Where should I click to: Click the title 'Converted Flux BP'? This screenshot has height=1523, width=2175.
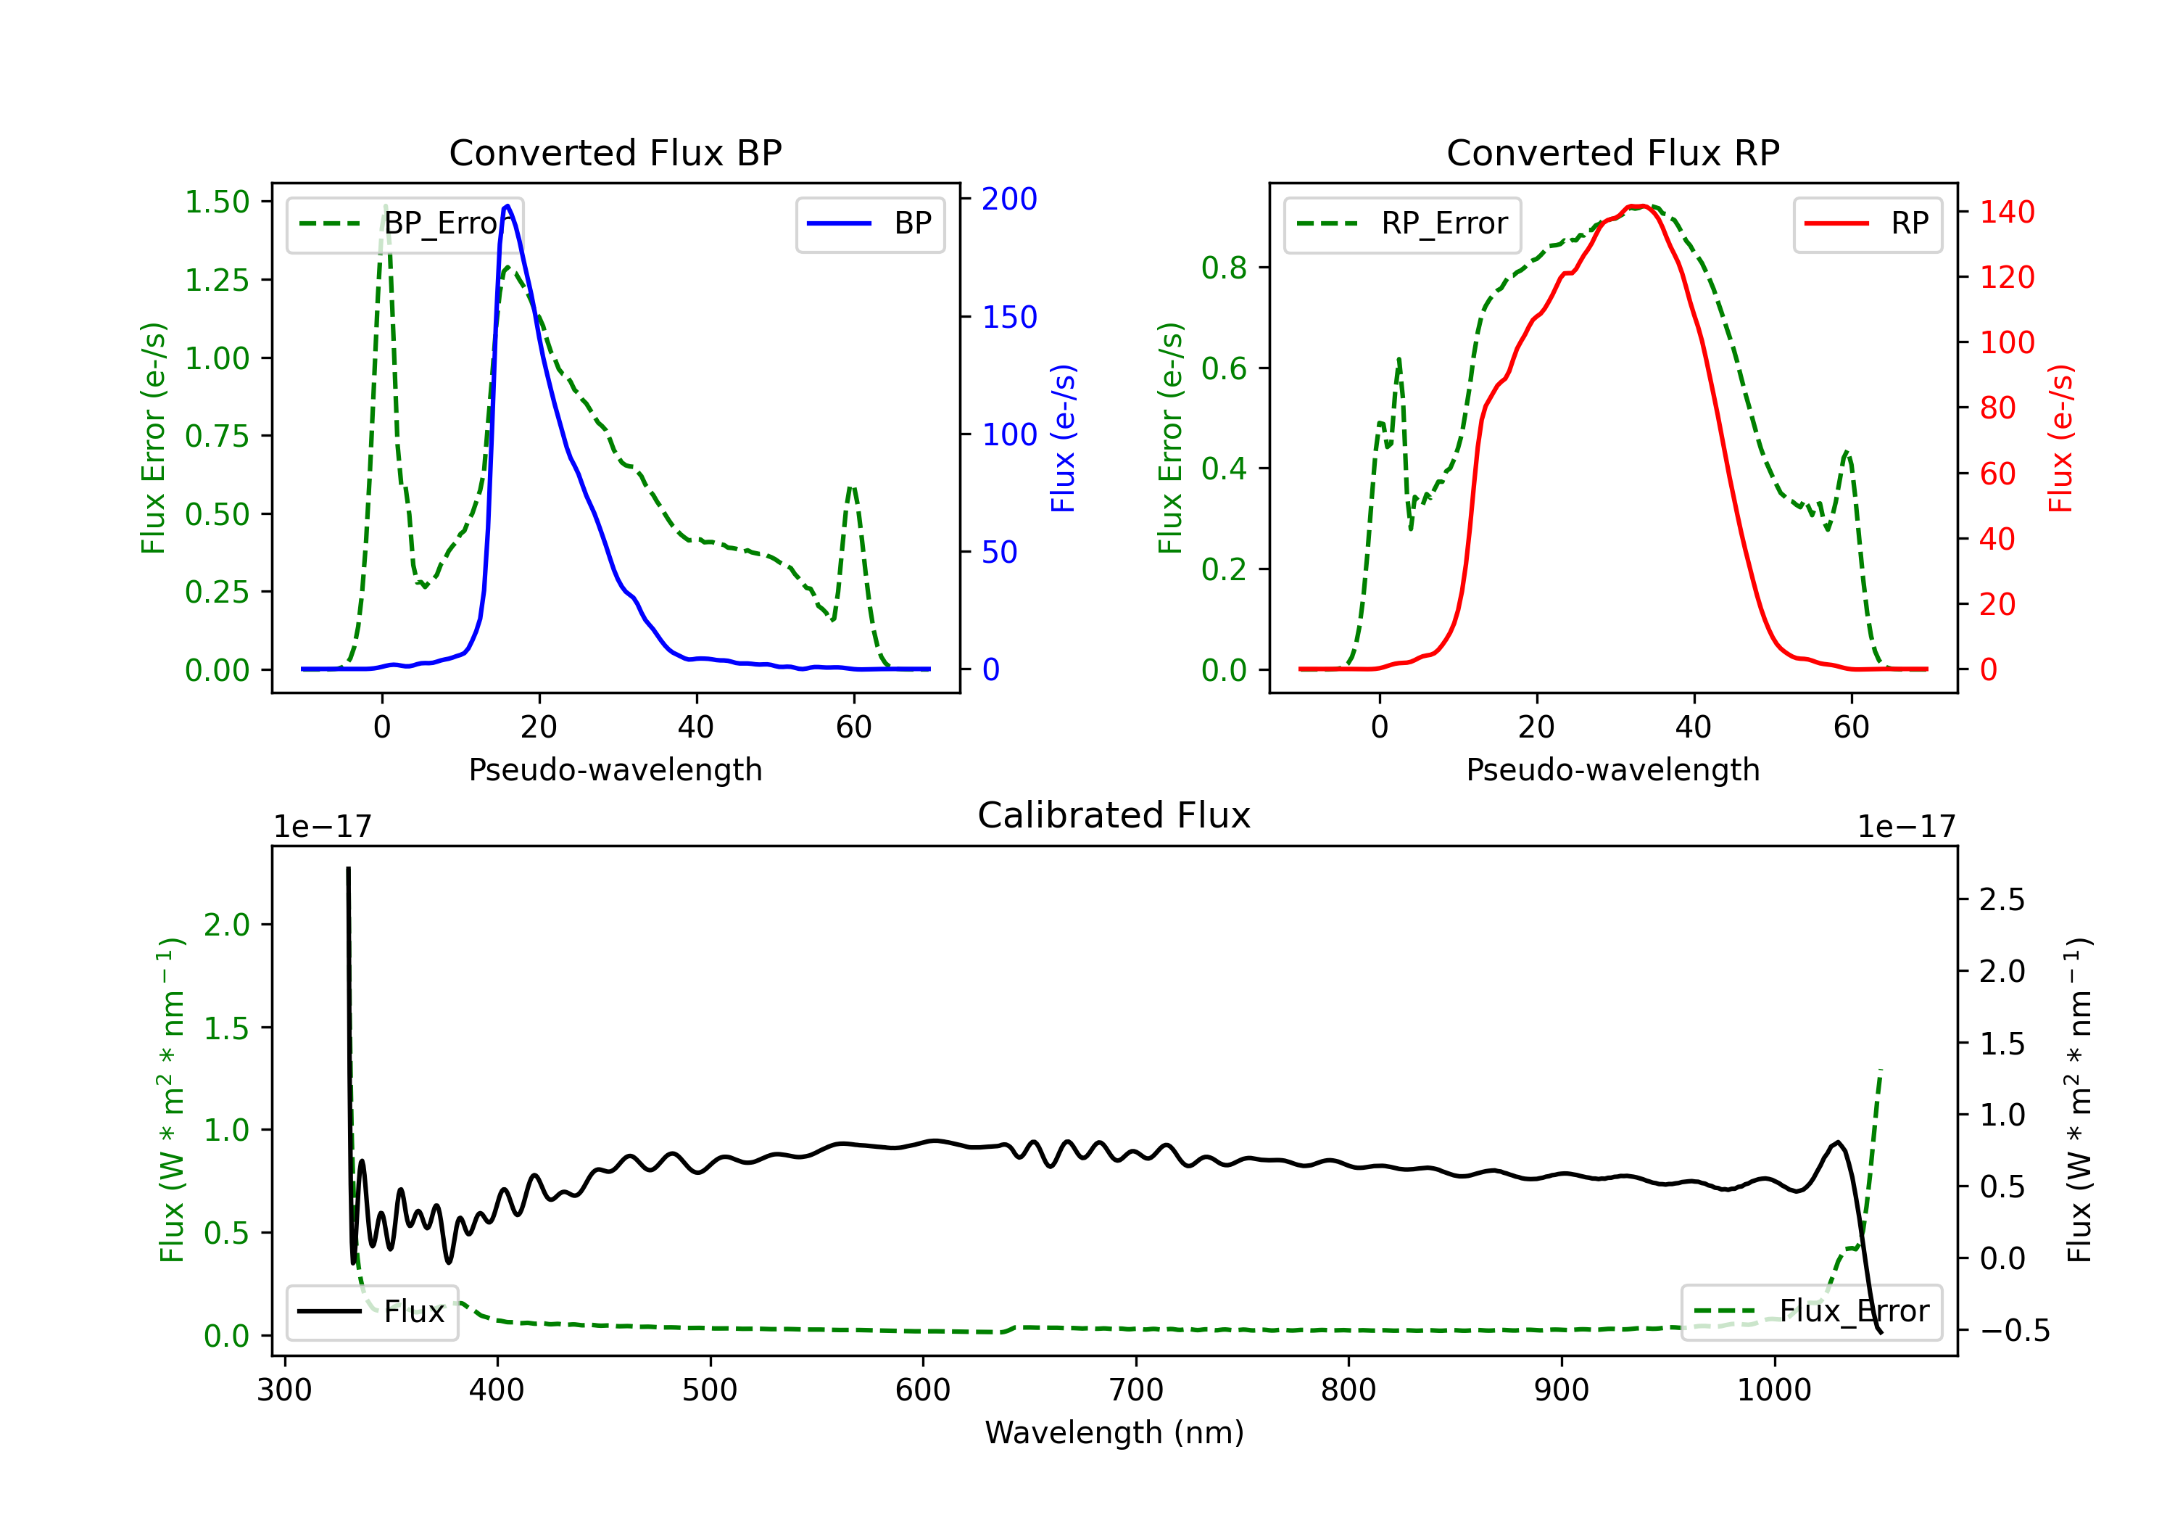[615, 152]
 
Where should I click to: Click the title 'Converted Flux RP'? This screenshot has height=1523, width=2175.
[1612, 152]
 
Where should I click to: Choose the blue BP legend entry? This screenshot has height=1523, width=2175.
[869, 223]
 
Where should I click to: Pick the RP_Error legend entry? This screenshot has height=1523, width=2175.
[1402, 223]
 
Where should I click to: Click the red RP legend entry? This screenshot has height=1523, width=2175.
[1867, 223]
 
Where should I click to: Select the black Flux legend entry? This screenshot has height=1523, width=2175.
[373, 1312]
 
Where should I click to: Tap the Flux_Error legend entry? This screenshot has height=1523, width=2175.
[1811, 1312]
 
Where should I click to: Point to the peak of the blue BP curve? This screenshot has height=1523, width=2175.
[507, 206]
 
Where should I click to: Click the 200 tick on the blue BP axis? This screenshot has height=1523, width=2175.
[1009, 199]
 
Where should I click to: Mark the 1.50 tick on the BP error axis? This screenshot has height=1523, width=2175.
[217, 202]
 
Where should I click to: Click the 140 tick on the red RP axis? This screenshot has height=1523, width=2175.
[2006, 212]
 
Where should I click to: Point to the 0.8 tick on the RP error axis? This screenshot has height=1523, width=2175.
[1224, 268]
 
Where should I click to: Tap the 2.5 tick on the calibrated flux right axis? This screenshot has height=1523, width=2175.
[2002, 899]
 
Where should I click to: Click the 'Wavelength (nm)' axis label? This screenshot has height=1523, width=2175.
[1114, 1432]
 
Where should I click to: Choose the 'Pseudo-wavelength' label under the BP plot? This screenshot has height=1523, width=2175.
[615, 769]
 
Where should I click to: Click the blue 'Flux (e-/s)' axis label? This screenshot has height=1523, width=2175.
[1063, 438]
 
